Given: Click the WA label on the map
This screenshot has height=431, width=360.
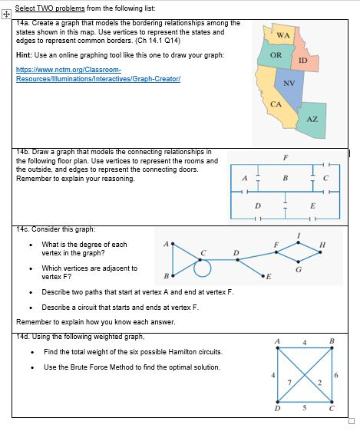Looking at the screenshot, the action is click(x=282, y=35).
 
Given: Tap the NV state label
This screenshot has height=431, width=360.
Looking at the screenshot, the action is click(x=289, y=83).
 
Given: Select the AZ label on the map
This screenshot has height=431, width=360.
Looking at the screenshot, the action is click(x=312, y=119).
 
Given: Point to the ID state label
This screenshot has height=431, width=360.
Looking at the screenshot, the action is click(x=302, y=61).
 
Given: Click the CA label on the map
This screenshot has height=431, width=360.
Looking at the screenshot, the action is click(x=276, y=103).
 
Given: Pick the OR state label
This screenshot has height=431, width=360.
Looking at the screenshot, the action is click(x=276, y=55).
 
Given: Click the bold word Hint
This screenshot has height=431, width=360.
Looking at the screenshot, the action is click(x=24, y=55).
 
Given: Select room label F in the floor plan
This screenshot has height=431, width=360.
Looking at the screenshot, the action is click(x=286, y=157).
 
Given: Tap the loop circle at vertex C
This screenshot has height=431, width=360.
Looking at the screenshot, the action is click(x=203, y=268).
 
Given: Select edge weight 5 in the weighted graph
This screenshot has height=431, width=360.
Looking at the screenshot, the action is click(x=305, y=409).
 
